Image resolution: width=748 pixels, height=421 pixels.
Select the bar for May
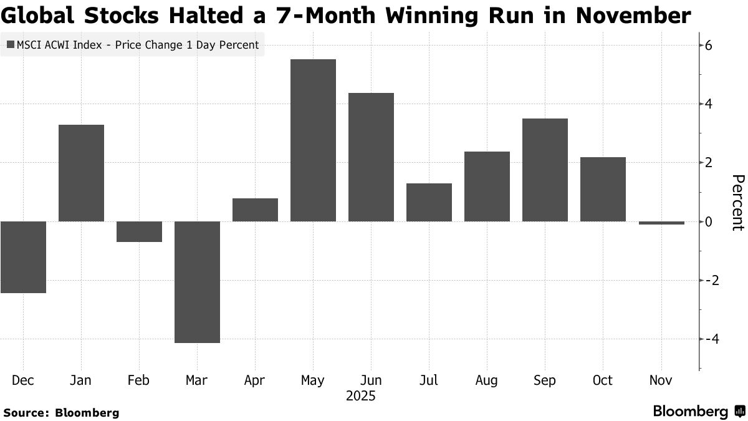click(x=313, y=140)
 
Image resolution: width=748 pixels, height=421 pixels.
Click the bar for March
click(x=197, y=282)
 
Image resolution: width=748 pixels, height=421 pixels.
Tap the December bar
click(x=23, y=257)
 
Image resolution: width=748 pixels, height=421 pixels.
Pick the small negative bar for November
click(x=661, y=223)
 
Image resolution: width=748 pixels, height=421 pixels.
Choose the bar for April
click(x=255, y=210)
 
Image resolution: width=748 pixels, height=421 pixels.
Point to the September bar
click(x=545, y=170)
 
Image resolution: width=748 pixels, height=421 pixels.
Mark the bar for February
click(x=139, y=231)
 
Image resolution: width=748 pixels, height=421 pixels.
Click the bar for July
click(x=429, y=202)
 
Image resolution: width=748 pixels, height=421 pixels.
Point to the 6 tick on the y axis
click(x=709, y=46)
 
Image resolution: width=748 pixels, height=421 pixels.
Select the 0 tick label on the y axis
click(x=709, y=221)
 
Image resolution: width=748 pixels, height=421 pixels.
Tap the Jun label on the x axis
click(x=371, y=380)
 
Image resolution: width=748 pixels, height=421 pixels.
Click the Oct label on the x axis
click(x=603, y=380)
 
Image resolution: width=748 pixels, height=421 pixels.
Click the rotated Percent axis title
click(x=737, y=203)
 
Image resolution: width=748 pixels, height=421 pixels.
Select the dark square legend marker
click(x=11, y=45)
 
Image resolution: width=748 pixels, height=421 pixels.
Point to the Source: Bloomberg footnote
click(x=61, y=412)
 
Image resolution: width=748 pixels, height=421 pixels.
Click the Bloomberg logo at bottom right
click(x=698, y=412)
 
